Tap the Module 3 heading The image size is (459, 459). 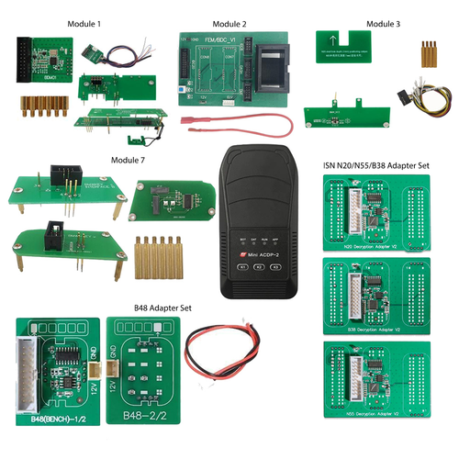pos(362,21)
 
